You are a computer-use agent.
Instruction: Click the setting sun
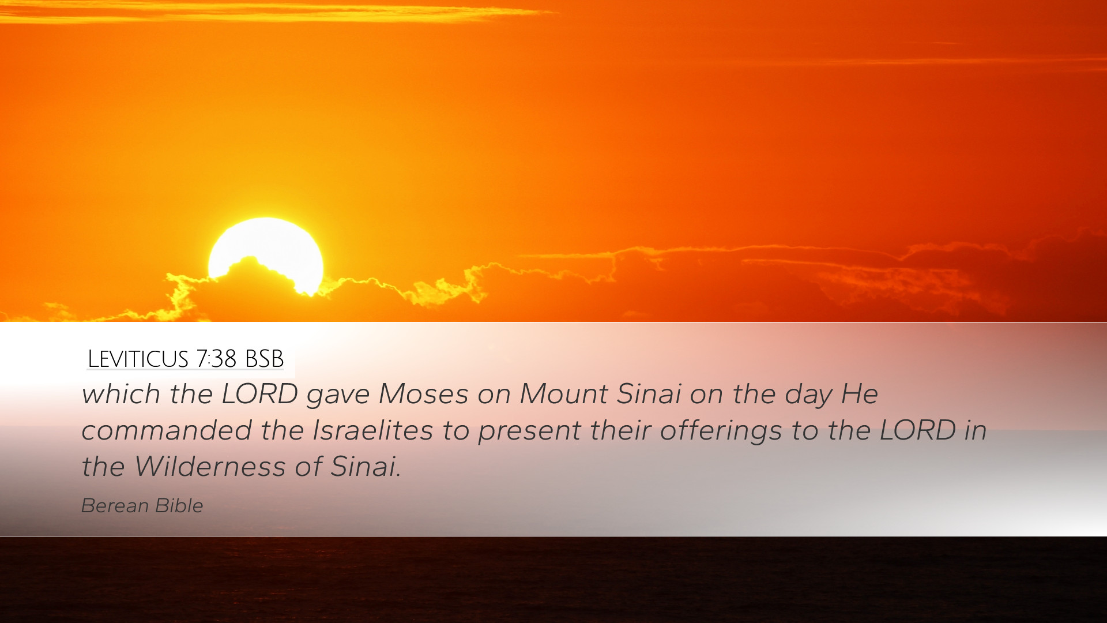click(x=266, y=254)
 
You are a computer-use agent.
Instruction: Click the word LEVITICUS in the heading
click(x=138, y=359)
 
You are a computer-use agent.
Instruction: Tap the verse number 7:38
click(x=216, y=359)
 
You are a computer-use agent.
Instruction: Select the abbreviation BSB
click(x=264, y=359)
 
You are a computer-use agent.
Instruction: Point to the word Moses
click(x=423, y=395)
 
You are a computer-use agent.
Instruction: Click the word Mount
click(x=563, y=395)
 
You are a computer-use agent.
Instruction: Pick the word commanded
click(x=167, y=431)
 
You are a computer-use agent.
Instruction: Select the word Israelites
click(x=372, y=431)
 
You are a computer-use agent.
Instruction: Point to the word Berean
click(x=115, y=506)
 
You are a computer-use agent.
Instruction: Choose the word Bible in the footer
click(x=179, y=506)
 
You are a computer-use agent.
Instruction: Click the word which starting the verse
click(x=121, y=395)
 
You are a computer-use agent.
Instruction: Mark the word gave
click(x=338, y=397)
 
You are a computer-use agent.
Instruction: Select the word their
click(x=620, y=431)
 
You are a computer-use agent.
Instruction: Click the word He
click(x=859, y=395)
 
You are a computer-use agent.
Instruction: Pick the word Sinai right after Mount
click(x=649, y=395)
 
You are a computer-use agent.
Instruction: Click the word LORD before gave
click(x=259, y=395)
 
